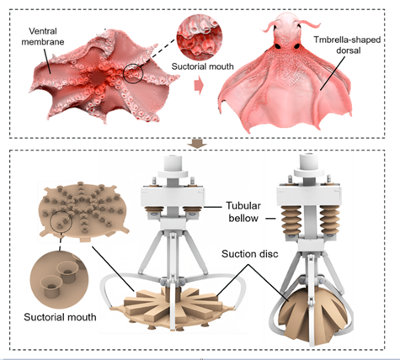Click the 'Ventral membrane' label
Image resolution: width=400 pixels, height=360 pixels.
tap(43, 36)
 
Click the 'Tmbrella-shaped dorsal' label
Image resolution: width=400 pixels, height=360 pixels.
tap(347, 45)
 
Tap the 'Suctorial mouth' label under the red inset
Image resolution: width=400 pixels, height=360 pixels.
tap(202, 66)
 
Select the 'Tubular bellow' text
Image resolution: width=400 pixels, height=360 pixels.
tap(243, 212)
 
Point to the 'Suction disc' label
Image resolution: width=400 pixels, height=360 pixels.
tap(250, 254)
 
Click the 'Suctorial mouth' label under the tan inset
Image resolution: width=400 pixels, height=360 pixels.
tap(60, 317)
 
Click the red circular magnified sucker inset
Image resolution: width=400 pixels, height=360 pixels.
tap(200, 37)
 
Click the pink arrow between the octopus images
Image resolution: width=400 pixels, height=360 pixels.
tap(199, 85)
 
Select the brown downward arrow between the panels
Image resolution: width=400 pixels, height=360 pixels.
tap(197, 145)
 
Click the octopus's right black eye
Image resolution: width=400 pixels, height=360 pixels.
tap(297, 46)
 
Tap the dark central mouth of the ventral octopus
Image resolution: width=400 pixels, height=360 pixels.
tap(97, 77)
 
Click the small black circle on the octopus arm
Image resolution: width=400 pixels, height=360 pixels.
tap(133, 73)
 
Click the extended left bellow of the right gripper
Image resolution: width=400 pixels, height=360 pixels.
tap(291, 220)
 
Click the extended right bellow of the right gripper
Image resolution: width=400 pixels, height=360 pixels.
tap(329, 220)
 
